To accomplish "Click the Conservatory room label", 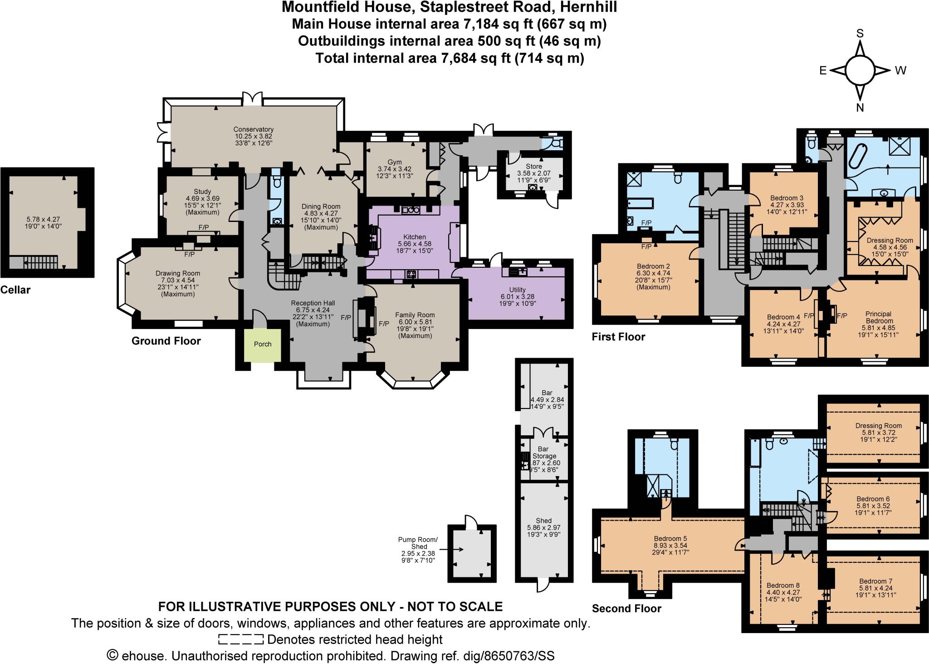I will (x=254, y=129).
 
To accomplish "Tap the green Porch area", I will (x=262, y=344).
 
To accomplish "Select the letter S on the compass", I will (x=859, y=34).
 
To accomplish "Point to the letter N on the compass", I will (x=859, y=108).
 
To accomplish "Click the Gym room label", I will (x=395, y=162).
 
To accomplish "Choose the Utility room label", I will (x=517, y=290).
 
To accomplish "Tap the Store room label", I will (x=533, y=167).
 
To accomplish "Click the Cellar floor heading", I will (x=15, y=290).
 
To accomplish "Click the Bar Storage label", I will (x=544, y=453).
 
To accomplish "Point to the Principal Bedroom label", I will (x=878, y=317).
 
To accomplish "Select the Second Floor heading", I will (x=626, y=609).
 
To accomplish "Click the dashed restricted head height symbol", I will (x=240, y=640).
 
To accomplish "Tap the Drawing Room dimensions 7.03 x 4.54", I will (x=178, y=280).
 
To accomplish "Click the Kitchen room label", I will (x=415, y=237).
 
